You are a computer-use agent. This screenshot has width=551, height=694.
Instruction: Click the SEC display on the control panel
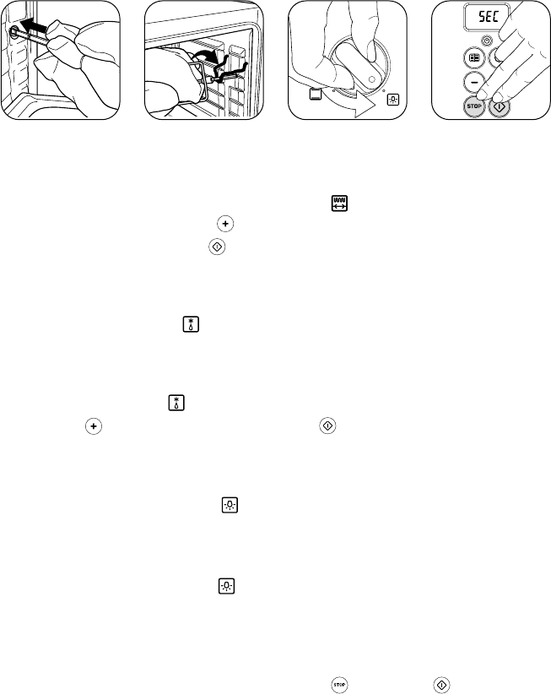tap(486, 17)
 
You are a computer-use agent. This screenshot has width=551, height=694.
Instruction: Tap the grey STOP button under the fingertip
tap(473, 106)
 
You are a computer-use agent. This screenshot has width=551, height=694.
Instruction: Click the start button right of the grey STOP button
tap(500, 106)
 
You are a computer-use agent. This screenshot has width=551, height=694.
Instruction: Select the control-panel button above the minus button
tap(474, 58)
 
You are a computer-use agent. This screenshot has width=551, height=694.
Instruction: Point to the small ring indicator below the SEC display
tap(486, 41)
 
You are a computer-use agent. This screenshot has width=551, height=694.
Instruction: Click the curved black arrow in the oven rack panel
tap(205, 55)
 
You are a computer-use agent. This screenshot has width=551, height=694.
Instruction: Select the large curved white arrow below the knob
tap(354, 103)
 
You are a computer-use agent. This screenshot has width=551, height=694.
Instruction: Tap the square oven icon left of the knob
tap(316, 95)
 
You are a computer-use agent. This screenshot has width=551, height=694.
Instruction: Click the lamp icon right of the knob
tap(392, 100)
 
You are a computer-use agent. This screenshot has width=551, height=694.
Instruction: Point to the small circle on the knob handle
tap(371, 80)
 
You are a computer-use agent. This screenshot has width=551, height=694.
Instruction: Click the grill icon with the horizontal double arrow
tap(339, 203)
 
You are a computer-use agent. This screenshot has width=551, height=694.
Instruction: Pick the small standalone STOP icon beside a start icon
tap(339, 685)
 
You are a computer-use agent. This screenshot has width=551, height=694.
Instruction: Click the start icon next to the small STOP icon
tap(441, 685)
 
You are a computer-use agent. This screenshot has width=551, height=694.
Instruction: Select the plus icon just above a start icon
tap(225, 224)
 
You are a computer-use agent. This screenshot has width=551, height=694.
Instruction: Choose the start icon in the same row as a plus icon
tap(327, 426)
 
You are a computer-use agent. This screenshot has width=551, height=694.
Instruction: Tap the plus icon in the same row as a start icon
tap(94, 426)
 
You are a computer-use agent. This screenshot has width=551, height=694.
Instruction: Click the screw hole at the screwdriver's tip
tap(14, 32)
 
